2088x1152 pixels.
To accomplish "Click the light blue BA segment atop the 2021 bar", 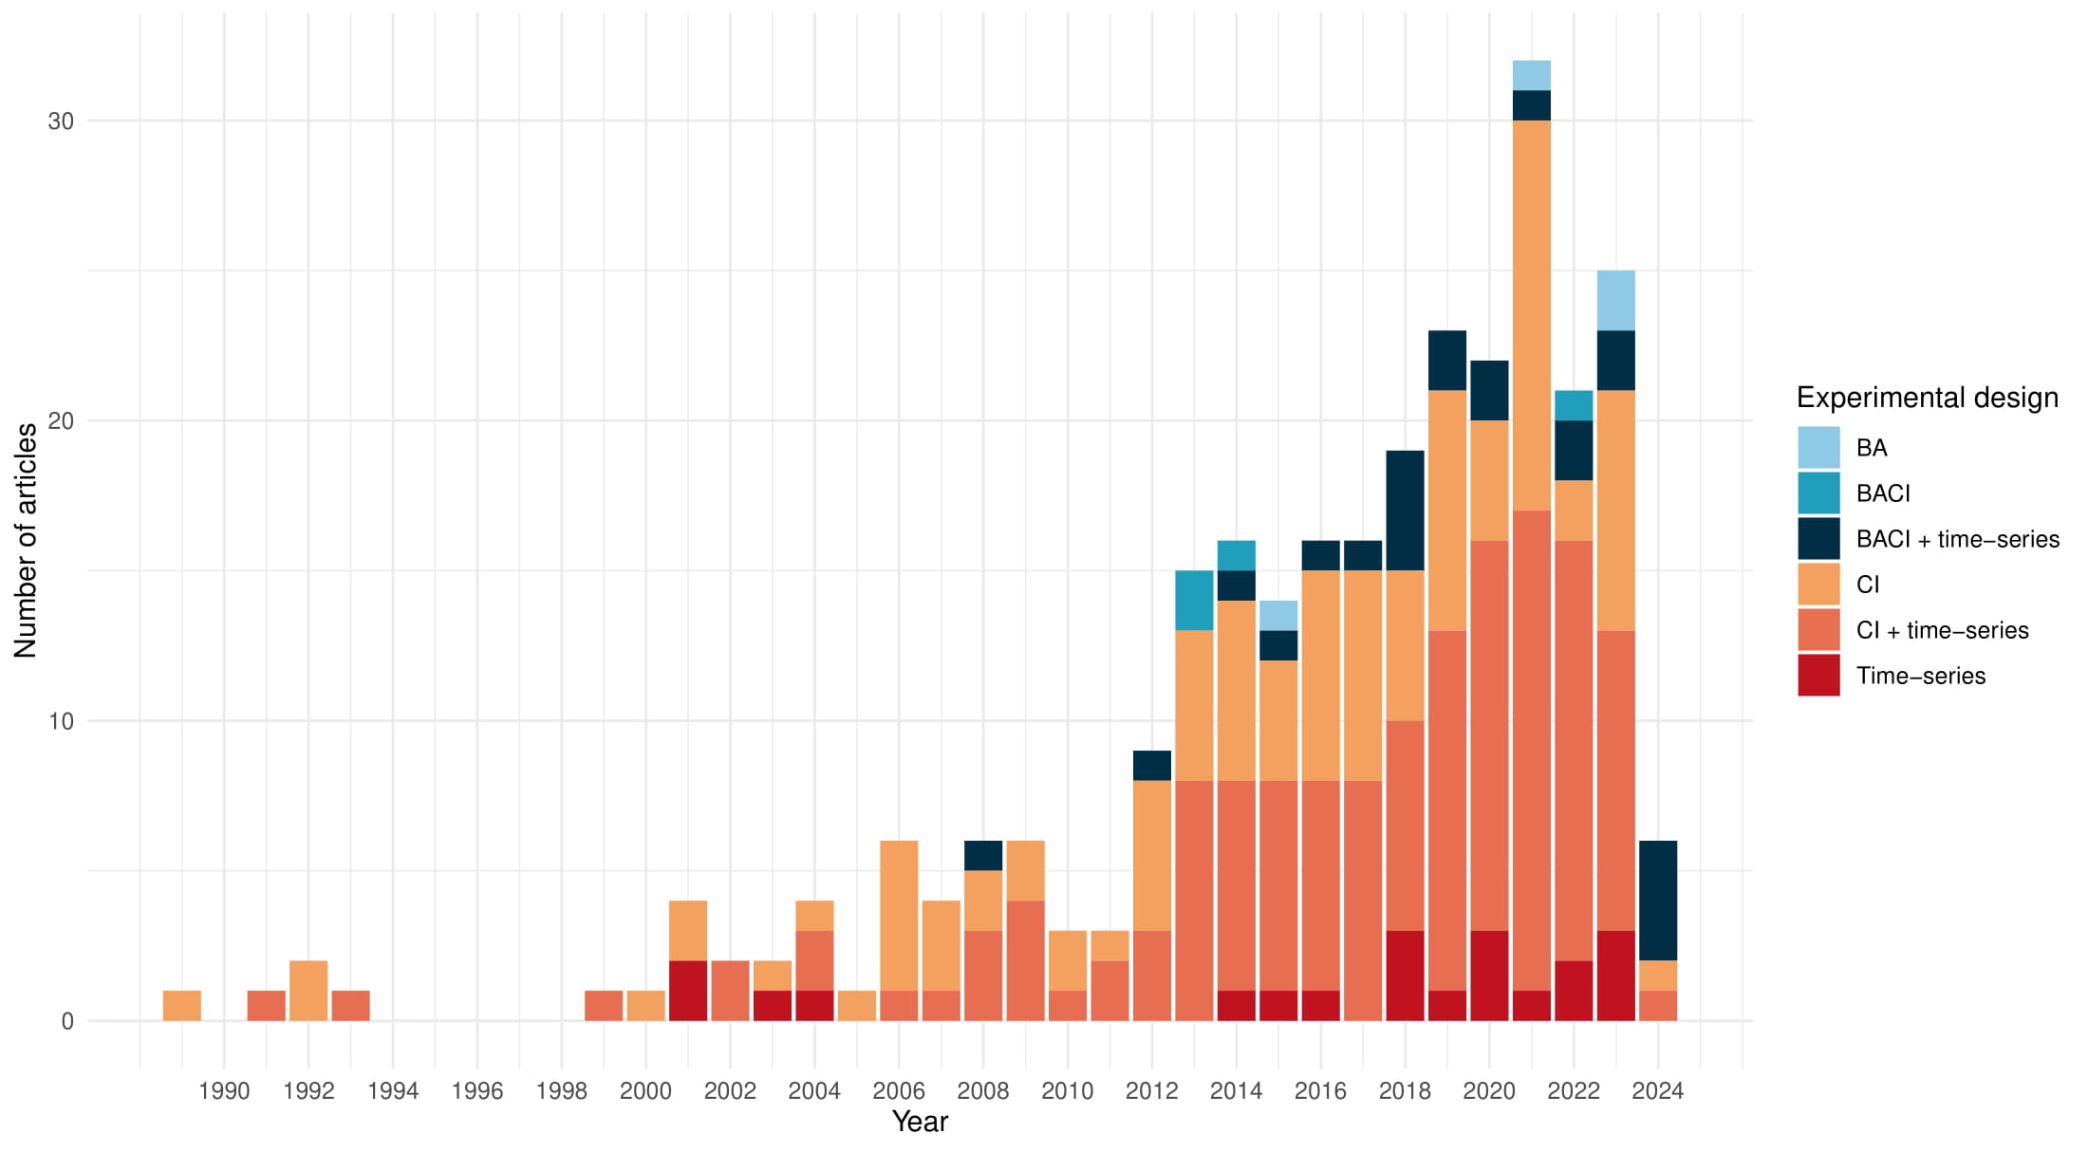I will [x=1531, y=75].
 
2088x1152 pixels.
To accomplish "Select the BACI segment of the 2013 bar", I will [x=1194, y=600].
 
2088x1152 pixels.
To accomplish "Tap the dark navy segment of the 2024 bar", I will [x=1657, y=900].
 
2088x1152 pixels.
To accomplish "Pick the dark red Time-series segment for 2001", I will [x=688, y=990].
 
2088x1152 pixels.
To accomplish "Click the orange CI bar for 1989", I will [x=182, y=1005].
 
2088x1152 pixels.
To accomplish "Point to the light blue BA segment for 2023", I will [x=1615, y=300].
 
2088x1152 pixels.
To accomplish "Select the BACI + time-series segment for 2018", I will [x=1405, y=510].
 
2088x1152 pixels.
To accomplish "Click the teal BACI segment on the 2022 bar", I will [x=1574, y=405].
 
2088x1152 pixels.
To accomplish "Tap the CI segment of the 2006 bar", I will [x=899, y=915].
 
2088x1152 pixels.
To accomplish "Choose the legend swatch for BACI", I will [x=1818, y=492].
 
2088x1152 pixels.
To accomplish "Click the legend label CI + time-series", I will [x=1942, y=630].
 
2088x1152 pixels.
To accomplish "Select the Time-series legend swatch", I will [x=1818, y=675].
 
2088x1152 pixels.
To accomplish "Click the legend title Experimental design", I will [x=1927, y=398].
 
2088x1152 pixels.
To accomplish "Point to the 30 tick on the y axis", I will [x=61, y=121].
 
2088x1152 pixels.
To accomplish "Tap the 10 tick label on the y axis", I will [x=61, y=721].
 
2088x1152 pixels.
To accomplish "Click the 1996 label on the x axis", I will [x=476, y=1091].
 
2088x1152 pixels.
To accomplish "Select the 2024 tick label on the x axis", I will [x=1657, y=1091].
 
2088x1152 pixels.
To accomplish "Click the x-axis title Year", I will [x=920, y=1122].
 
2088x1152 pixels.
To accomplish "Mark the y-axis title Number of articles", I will [x=26, y=540].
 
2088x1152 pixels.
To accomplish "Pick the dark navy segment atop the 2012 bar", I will [x=1151, y=765].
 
